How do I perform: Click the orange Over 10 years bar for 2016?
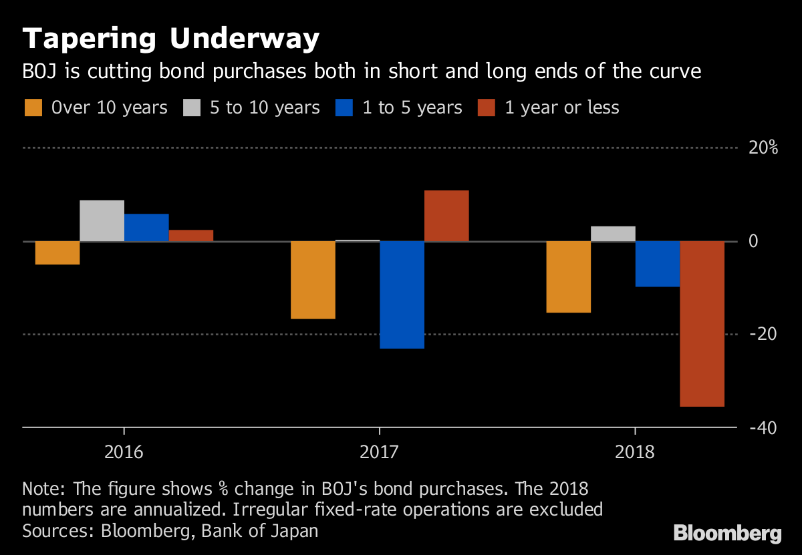[x=57, y=252]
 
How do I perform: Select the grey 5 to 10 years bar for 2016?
[x=102, y=221]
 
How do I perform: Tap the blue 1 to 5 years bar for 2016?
[x=146, y=228]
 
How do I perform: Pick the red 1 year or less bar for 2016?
[x=190, y=235]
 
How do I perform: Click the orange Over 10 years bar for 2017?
[x=313, y=280]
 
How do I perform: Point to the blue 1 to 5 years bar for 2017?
[x=402, y=295]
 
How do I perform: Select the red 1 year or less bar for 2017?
[x=446, y=216]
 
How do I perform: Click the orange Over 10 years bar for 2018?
[x=568, y=276]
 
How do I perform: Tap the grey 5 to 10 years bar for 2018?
[x=613, y=234]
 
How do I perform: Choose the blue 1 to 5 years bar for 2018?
[x=658, y=264]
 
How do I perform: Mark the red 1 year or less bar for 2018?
[x=702, y=323]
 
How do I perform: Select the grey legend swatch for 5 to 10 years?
[x=192, y=108]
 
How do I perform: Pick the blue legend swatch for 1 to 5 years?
[x=345, y=108]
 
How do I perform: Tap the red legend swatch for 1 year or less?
[x=487, y=108]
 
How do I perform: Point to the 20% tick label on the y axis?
[x=763, y=148]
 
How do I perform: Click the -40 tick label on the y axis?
[x=763, y=427]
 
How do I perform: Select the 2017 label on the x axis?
[x=379, y=452]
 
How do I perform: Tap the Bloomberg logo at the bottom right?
[x=727, y=534]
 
